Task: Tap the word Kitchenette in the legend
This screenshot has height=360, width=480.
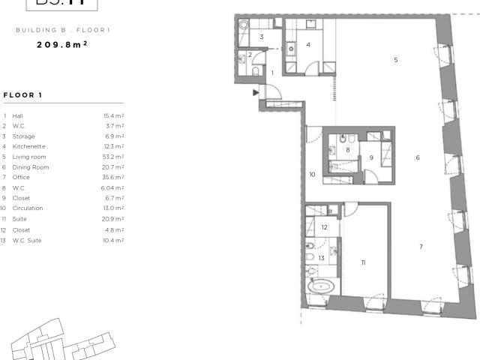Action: (x=29, y=146)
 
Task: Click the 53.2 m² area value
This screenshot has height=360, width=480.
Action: (x=113, y=157)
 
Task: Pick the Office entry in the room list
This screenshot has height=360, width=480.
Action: (x=22, y=177)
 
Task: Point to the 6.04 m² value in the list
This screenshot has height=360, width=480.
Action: (x=112, y=187)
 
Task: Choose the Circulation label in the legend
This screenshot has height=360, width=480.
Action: (x=28, y=208)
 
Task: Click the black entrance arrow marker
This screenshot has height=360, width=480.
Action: (x=256, y=92)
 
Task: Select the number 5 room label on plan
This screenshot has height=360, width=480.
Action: (x=395, y=59)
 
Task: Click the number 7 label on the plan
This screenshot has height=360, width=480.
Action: (x=421, y=246)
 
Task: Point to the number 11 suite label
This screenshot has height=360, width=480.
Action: (x=363, y=262)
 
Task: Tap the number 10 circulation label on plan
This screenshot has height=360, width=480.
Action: (x=312, y=174)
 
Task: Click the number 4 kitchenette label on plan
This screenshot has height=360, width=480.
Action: (x=308, y=44)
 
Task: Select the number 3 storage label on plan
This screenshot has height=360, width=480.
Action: (x=261, y=37)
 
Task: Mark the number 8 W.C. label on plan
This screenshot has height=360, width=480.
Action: (x=347, y=150)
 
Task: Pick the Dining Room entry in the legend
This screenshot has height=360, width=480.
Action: (x=31, y=167)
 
